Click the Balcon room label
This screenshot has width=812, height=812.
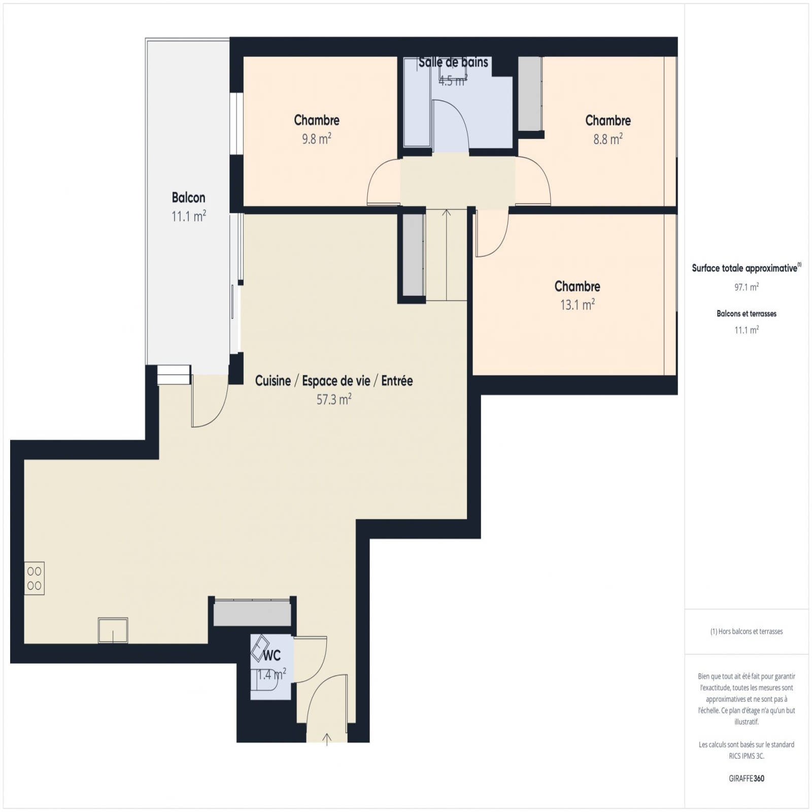188,197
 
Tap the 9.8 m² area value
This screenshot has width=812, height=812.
317,139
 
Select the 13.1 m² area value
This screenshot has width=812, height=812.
578,304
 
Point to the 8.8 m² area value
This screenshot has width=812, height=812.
608,139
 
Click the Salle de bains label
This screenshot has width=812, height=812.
453,62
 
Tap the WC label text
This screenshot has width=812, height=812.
272,656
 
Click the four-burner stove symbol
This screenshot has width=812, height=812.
35,579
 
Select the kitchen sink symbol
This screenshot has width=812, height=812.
113,630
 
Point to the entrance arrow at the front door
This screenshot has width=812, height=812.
327,739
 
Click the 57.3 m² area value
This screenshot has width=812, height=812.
334,399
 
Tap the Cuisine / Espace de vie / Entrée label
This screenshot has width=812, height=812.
334,381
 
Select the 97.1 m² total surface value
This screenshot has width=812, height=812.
747,287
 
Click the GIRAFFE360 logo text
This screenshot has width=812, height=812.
747,778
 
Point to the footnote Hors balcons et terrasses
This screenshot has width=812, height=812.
747,631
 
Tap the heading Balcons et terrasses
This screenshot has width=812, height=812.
747,314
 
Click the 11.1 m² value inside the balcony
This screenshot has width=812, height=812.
188,216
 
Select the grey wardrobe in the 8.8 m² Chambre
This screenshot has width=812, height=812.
530,94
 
